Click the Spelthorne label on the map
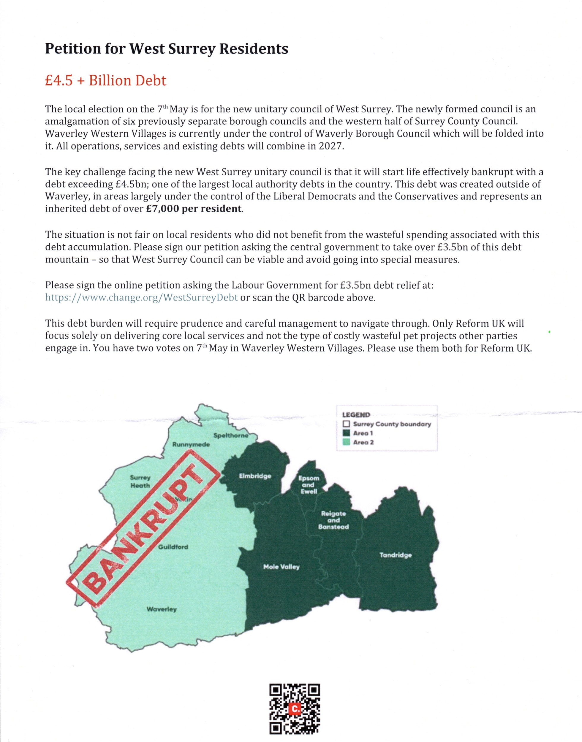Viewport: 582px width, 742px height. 231,435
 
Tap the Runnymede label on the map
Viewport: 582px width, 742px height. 191,444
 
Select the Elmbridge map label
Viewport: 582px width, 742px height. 255,476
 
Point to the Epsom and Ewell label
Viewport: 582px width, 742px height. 309,485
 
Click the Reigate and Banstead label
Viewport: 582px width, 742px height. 333,520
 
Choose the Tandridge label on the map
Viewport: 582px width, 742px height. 395,555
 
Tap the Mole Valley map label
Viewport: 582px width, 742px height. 281,567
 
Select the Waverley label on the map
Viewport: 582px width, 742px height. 162,609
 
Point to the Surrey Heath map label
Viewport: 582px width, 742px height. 140,482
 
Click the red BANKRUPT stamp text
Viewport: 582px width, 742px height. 143,531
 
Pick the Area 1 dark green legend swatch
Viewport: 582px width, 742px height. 346,433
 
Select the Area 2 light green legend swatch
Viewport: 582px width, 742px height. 346,442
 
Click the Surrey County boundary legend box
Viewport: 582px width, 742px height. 346,424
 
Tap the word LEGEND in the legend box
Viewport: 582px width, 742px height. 356,415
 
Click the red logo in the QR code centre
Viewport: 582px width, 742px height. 294,709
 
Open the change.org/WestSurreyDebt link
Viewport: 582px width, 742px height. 141,298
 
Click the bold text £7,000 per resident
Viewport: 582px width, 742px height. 194,209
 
